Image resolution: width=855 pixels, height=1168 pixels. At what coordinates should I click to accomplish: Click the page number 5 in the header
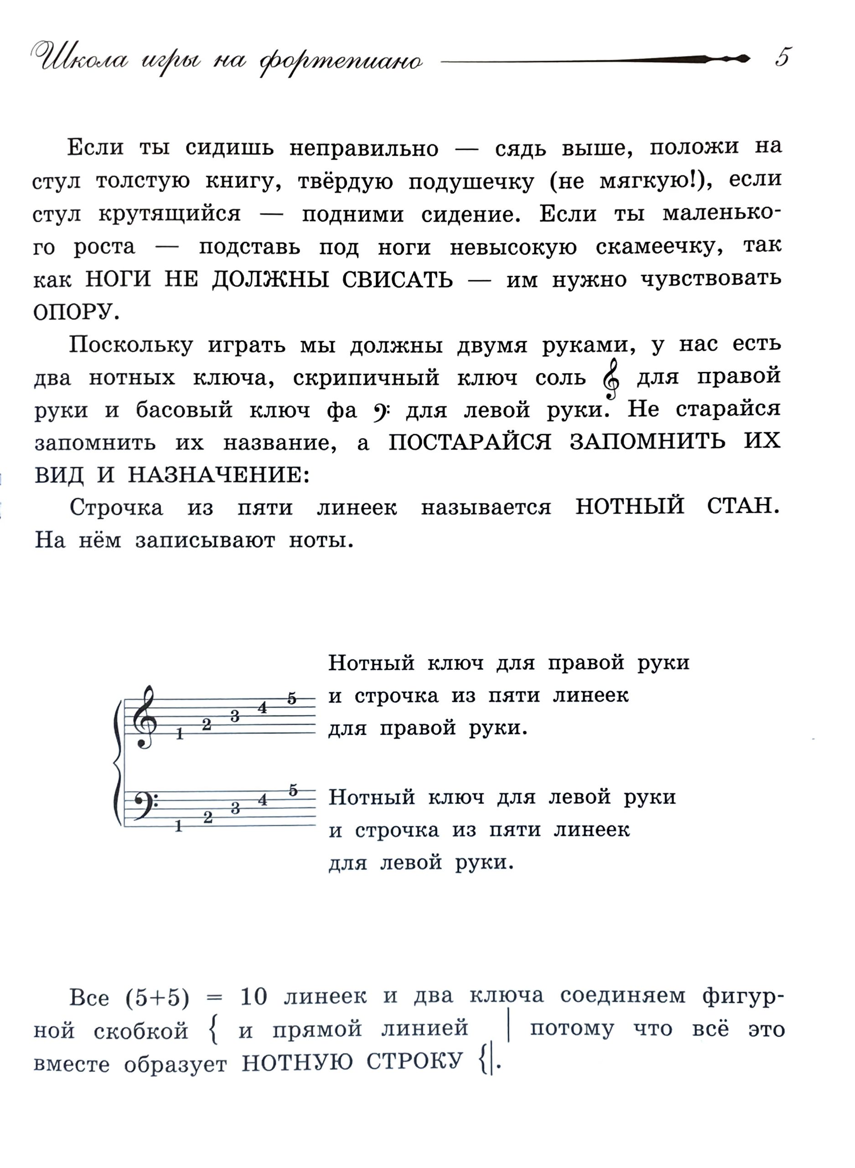(783, 57)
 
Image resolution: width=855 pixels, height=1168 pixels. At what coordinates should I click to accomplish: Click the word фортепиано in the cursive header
(341, 62)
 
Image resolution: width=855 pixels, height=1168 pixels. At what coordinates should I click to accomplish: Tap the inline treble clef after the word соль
(611, 379)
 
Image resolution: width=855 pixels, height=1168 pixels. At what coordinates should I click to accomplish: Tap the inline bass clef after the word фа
(382, 411)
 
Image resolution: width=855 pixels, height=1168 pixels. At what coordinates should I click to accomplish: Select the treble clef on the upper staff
(144, 717)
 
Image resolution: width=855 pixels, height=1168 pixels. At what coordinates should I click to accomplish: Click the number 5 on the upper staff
(292, 699)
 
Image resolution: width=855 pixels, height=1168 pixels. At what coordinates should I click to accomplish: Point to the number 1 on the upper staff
(180, 734)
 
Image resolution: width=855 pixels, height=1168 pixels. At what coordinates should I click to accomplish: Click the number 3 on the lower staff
(235, 808)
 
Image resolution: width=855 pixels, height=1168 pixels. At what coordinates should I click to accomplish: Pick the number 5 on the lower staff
(293, 791)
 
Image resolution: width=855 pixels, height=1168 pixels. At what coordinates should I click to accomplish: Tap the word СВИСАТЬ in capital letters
(397, 280)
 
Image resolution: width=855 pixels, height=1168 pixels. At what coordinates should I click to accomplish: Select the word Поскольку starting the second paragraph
(131, 345)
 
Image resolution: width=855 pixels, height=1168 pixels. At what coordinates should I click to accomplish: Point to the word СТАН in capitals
(742, 506)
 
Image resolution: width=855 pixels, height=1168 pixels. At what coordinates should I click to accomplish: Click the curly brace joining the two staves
(118, 762)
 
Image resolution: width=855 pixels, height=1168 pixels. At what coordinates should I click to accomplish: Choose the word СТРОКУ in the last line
(414, 1061)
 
